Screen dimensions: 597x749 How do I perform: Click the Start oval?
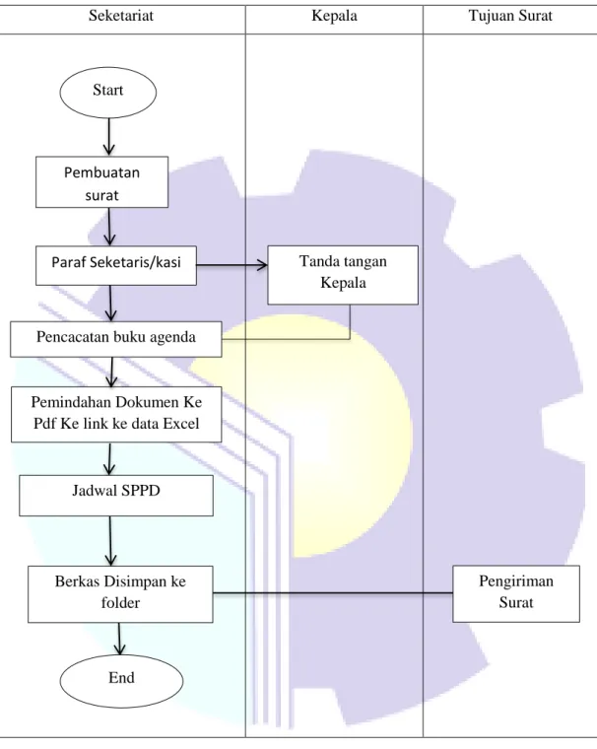click(108, 93)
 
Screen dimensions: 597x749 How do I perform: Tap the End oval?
click(121, 680)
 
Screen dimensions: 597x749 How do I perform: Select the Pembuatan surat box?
click(101, 182)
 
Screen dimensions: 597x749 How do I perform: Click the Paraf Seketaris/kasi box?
click(116, 265)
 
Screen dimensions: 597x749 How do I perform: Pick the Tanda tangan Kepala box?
click(343, 275)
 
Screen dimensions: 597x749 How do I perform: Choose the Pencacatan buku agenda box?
click(116, 339)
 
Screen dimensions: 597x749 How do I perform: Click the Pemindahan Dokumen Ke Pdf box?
click(116, 414)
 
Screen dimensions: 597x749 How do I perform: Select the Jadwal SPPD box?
click(116, 496)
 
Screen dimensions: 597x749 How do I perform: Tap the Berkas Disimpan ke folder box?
click(120, 594)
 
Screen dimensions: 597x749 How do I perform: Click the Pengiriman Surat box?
click(516, 593)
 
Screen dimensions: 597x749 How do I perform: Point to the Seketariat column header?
click(121, 16)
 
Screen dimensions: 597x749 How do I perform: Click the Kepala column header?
click(334, 16)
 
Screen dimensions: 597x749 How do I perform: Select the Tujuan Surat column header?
click(510, 16)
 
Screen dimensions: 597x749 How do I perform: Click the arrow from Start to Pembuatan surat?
click(109, 137)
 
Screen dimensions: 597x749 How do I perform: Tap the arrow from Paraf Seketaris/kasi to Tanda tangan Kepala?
click(232, 265)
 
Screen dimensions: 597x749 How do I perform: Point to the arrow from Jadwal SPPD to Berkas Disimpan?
click(110, 541)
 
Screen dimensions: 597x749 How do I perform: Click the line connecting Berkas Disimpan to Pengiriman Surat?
click(333, 593)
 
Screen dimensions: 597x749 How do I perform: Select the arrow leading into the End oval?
click(119, 639)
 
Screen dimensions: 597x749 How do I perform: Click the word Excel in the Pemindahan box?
click(181, 424)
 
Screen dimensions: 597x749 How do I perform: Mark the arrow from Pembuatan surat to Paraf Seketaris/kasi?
click(110, 227)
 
